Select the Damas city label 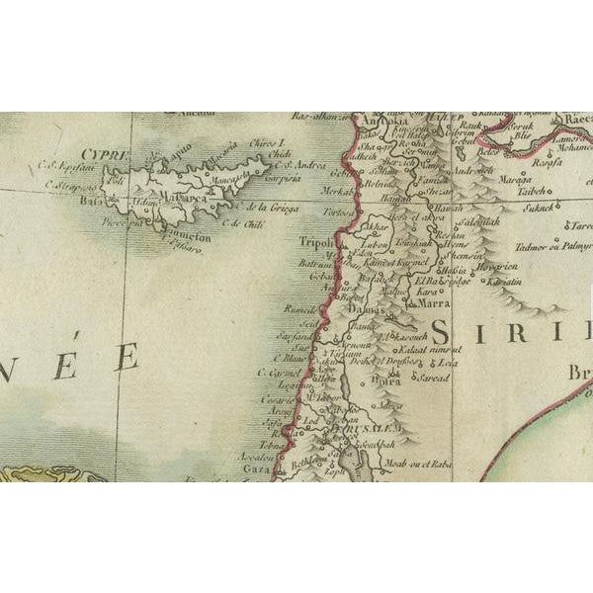pos(368,312)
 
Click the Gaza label pos(255,470)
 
